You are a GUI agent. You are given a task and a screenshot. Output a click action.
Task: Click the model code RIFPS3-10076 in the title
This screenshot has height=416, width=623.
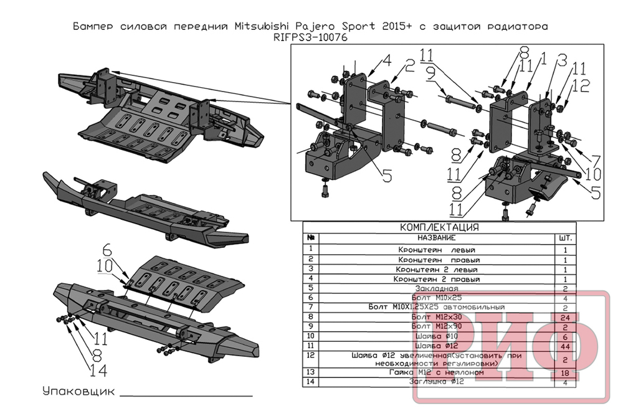click(x=310, y=37)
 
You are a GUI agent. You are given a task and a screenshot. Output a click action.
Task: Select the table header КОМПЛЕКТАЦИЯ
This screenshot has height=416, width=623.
click(x=439, y=227)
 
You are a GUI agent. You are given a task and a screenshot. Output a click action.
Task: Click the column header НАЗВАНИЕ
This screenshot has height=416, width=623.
click(x=432, y=238)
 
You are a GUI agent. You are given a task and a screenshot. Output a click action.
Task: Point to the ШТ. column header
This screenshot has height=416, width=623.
click(x=566, y=238)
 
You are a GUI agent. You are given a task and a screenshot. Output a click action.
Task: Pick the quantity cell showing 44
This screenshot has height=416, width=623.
click(x=566, y=346)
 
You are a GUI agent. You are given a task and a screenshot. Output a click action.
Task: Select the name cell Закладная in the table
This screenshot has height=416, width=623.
click(x=432, y=289)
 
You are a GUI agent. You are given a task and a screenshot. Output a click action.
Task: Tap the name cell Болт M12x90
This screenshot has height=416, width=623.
click(x=432, y=326)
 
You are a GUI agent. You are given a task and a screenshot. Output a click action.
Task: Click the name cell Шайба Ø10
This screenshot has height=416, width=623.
click(x=432, y=336)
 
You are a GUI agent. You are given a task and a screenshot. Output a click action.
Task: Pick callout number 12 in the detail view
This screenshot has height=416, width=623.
click(x=581, y=87)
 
